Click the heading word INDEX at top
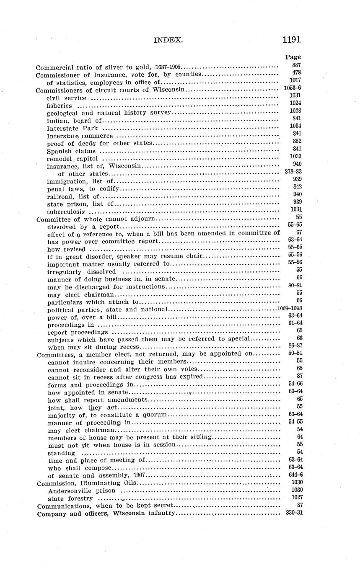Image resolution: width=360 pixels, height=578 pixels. pyautogui.click(x=168, y=40)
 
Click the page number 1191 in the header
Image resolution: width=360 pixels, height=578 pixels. pyautogui.click(x=291, y=40)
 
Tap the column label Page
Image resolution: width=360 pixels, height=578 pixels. pyautogui.click(x=293, y=57)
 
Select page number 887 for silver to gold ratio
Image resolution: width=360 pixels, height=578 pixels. pyautogui.click(x=296, y=65)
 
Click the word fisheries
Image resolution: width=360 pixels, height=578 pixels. pyautogui.click(x=59, y=106)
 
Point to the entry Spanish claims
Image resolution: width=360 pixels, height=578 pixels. pyautogui.click(x=72, y=151)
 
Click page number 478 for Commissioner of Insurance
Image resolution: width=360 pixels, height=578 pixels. pyautogui.click(x=296, y=72)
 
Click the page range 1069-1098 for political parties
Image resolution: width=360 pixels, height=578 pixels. pyautogui.click(x=289, y=308)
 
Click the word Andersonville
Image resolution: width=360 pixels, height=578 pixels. pyautogui.click(x=70, y=490)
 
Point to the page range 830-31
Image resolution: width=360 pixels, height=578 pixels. pyautogui.click(x=294, y=513)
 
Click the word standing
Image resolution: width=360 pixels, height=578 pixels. pyautogui.click(x=62, y=453)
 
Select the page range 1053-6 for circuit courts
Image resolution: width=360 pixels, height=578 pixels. pyautogui.click(x=293, y=88)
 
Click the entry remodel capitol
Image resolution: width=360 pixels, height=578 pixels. pyautogui.click(x=73, y=159)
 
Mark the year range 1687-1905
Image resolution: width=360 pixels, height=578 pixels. pyautogui.click(x=168, y=67)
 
